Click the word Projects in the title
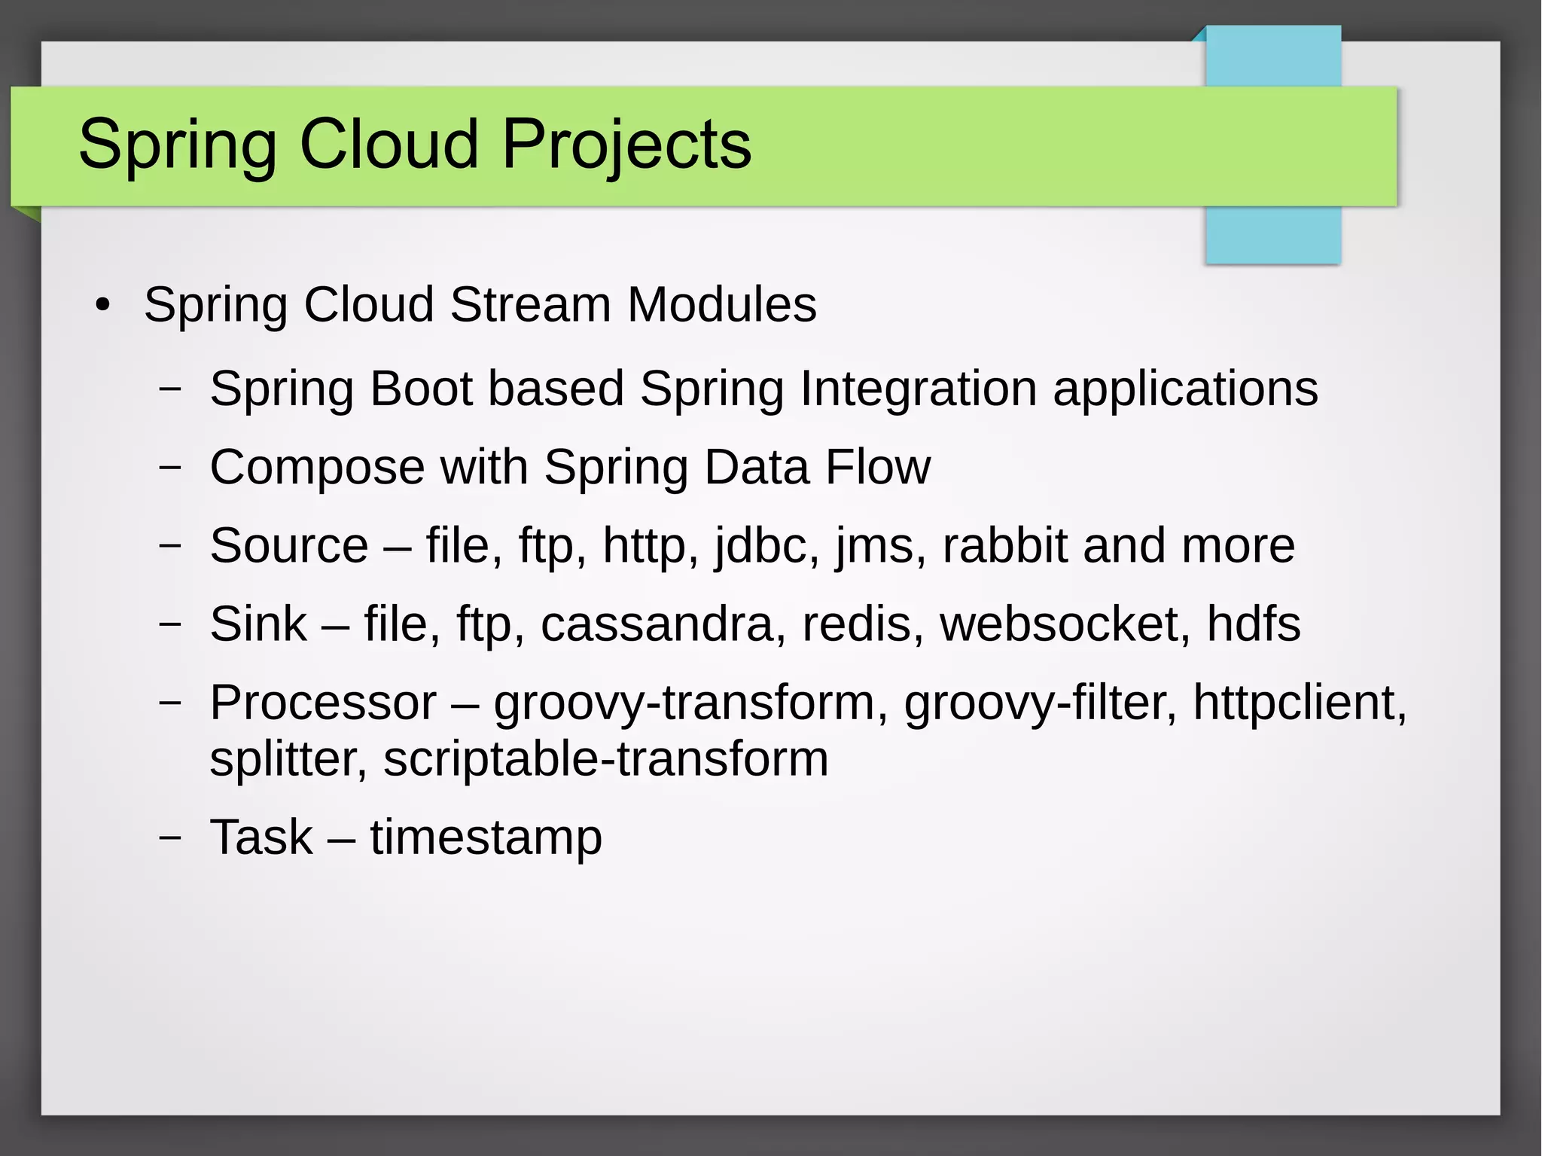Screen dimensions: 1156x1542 (626, 145)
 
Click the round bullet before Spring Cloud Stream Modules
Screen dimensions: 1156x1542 (103, 306)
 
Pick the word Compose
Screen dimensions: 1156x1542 (317, 468)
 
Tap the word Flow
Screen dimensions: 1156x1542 (877, 467)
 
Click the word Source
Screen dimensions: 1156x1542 (289, 545)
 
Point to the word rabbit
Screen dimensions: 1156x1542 (1004, 545)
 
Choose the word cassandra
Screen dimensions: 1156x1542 (657, 625)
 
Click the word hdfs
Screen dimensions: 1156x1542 (1253, 624)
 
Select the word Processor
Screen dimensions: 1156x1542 (322, 703)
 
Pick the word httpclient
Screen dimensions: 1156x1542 (1299, 703)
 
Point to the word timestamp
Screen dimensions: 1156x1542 (486, 838)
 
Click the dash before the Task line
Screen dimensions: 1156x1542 (171, 837)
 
